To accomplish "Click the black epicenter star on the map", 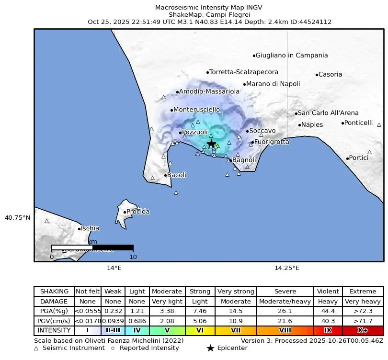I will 211,144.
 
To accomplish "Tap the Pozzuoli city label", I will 195,132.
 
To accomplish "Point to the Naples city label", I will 312,125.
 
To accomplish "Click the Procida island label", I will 137,212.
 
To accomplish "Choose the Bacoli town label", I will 176,175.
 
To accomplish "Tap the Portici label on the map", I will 359,158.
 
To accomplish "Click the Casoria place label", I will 330,75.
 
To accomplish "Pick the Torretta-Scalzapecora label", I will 244,72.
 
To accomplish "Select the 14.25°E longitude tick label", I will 287,268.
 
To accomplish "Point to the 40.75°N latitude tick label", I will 17,217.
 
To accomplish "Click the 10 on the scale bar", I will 133,257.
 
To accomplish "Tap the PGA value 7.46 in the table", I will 200,311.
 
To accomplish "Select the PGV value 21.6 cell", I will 285,321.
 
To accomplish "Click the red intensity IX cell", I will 328,330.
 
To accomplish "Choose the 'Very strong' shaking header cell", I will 236,292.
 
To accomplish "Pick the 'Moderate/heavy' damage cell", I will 285,302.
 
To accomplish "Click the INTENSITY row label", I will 54,330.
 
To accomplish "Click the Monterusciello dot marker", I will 171,110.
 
